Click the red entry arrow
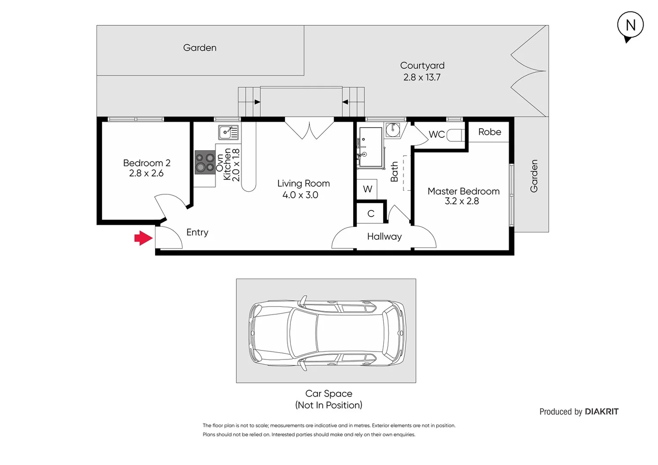point(143,238)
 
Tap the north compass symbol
point(630,25)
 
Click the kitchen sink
point(228,132)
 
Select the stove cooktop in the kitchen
point(205,162)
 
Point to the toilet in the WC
point(455,135)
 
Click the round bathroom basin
point(393,129)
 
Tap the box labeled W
point(367,189)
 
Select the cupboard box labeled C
point(370,214)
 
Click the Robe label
point(490,132)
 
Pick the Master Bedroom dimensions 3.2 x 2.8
point(462,201)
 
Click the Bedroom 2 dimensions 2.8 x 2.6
point(146,174)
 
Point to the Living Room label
point(303,183)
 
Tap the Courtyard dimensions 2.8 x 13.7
point(422,77)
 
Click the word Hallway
point(384,236)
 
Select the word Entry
point(197,232)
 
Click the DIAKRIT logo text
point(602,412)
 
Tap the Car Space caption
point(329,394)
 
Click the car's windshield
point(304,331)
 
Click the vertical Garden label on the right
point(534,176)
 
